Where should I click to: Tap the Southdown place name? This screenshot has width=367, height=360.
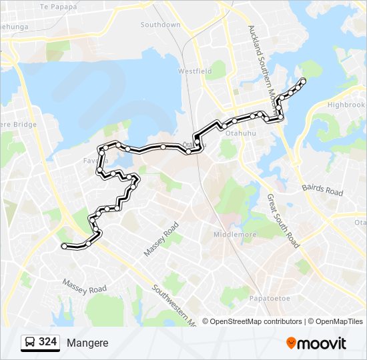coord(160,25)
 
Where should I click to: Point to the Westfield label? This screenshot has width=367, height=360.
coord(195,71)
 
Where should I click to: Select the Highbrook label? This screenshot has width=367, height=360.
coord(346,105)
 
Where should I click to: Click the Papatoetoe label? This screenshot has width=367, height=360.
coord(268,298)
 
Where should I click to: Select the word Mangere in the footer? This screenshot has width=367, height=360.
coord(87,343)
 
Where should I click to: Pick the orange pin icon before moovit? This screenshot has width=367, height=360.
coord(291,343)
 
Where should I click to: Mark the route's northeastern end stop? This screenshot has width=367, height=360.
coord(304,81)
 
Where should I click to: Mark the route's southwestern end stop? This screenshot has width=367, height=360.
coord(64,247)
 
